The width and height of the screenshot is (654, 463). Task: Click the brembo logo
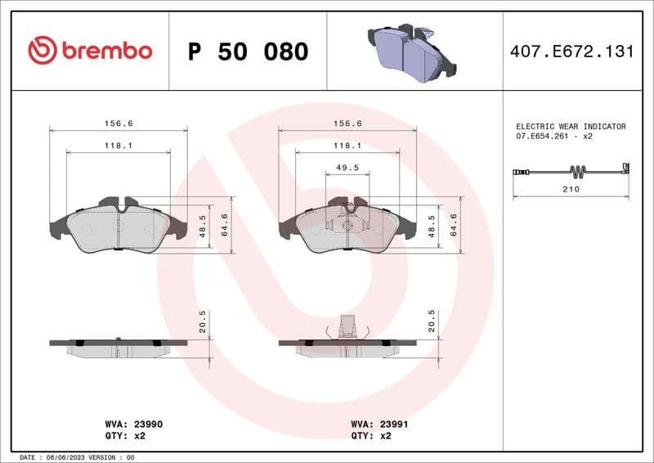[90, 51]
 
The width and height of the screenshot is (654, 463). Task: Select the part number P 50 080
[248, 52]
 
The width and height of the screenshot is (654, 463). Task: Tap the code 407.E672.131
[571, 52]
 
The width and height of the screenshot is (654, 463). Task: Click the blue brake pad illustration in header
[414, 51]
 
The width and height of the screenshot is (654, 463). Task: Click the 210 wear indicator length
[571, 189]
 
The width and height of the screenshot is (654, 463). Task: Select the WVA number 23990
[141, 425]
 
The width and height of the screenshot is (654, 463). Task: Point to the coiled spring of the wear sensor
[578, 171]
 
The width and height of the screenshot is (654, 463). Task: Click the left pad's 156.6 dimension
[119, 123]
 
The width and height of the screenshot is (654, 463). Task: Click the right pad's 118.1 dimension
[348, 145]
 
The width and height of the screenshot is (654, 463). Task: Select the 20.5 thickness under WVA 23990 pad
[203, 321]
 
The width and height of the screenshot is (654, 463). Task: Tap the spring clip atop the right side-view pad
[347, 326]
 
